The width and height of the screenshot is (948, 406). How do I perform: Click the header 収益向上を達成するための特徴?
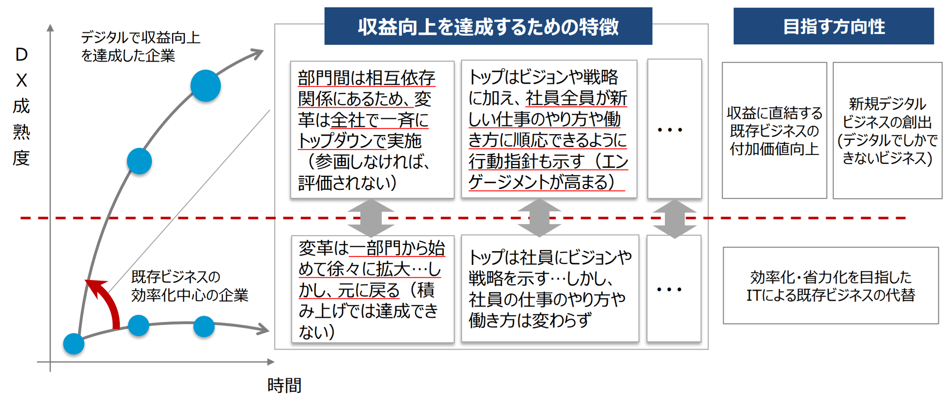(488, 26)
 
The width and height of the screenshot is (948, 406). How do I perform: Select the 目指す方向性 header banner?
(833, 26)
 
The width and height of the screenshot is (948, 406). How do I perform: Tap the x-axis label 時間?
(284, 386)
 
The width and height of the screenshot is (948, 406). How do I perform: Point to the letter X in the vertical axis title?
(21, 80)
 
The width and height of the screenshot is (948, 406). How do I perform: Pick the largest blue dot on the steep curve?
(205, 86)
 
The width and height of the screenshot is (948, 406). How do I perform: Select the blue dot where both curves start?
(74, 344)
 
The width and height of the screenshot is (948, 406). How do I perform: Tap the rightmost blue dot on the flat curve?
(204, 326)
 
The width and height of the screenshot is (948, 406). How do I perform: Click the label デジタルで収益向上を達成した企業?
(140, 46)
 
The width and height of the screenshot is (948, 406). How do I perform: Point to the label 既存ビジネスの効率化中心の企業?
(190, 286)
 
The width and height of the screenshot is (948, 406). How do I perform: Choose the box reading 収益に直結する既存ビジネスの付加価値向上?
(774, 130)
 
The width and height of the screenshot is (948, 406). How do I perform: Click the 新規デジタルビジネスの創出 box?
(887, 130)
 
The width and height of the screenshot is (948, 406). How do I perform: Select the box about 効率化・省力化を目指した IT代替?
(830, 286)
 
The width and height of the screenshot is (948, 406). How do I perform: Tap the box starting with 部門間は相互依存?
(372, 130)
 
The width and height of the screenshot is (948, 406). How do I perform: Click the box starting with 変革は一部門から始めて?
(373, 289)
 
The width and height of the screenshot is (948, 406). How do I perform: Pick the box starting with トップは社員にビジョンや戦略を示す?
(550, 289)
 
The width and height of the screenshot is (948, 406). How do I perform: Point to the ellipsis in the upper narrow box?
(670, 130)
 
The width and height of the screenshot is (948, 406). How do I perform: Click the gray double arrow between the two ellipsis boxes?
(675, 219)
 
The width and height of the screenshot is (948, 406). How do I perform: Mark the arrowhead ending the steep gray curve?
(256, 54)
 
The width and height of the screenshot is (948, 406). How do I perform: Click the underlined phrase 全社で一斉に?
(380, 120)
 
